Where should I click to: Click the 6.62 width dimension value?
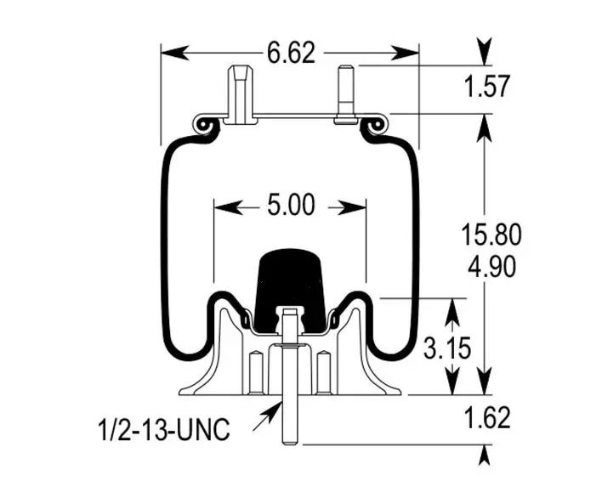pyautogui.click(x=291, y=53)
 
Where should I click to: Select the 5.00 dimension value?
pyautogui.click(x=291, y=205)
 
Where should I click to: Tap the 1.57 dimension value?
pyautogui.click(x=487, y=86)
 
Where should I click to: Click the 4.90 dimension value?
pyautogui.click(x=491, y=267)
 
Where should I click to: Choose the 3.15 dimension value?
pyautogui.click(x=447, y=348)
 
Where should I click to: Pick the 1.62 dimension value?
pyautogui.click(x=487, y=417)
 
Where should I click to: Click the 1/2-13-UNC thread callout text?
pyautogui.click(x=164, y=429)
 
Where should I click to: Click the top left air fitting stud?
pyautogui.click(x=241, y=94)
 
